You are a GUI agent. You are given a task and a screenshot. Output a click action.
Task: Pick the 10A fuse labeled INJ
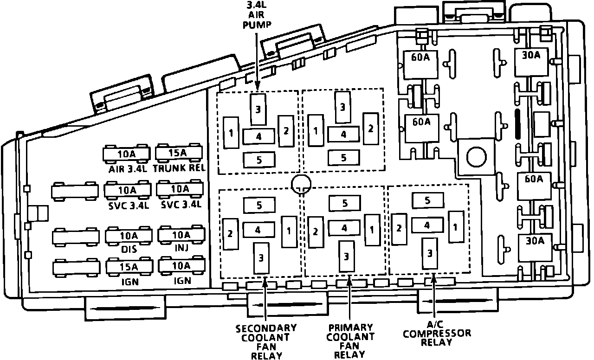click(x=181, y=235)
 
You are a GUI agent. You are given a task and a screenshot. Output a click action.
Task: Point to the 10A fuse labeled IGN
click(x=181, y=266)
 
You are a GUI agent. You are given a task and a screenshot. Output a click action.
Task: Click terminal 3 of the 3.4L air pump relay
click(x=258, y=109)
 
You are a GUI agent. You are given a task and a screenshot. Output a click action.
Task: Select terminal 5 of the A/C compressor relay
click(x=427, y=200)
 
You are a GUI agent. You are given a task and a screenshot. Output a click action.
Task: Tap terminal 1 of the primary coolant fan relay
click(x=372, y=230)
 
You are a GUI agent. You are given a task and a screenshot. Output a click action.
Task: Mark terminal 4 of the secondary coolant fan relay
click(x=258, y=230)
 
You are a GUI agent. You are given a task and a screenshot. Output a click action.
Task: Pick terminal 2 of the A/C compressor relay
click(x=399, y=229)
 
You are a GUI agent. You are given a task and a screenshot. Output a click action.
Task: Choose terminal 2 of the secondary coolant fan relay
click(x=230, y=233)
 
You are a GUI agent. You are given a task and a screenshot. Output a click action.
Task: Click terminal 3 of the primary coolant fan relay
click(x=346, y=256)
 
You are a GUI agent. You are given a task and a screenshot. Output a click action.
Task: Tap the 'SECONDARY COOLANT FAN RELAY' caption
click(x=266, y=342)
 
